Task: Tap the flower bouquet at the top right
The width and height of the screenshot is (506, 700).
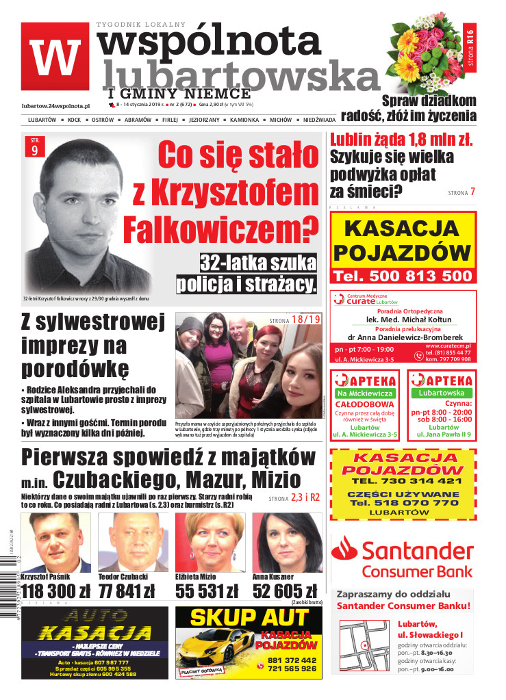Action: (424, 55)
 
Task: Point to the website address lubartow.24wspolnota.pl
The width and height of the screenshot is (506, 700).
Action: (56, 105)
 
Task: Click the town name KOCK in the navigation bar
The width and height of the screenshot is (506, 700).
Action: (74, 120)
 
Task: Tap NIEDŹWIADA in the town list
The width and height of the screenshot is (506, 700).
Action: (324, 120)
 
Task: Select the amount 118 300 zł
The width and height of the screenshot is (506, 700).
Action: (55, 591)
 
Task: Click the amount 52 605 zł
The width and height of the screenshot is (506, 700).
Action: (285, 591)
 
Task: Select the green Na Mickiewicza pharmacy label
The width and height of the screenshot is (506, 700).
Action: (366, 393)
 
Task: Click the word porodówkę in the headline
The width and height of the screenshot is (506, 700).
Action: (75, 368)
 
